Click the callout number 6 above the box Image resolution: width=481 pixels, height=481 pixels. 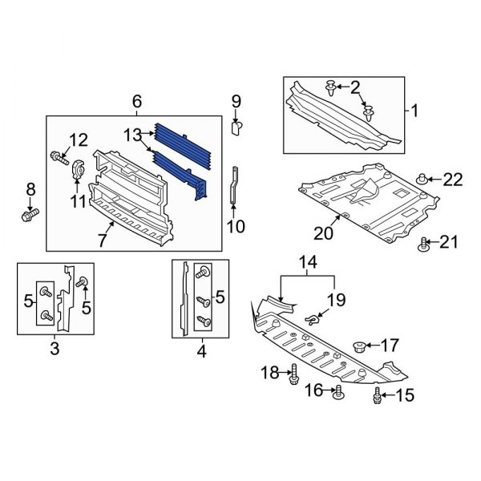136,101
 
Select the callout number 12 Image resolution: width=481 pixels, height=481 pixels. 78,141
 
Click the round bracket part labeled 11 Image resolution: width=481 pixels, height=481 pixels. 79,172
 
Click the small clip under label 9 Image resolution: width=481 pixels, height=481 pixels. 236,127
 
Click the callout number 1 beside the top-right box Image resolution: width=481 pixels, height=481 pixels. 415,110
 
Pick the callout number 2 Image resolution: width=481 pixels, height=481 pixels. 356,87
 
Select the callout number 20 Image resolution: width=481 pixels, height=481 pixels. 322,233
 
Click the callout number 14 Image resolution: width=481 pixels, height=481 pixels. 309,261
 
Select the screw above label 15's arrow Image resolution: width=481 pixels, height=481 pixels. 377,395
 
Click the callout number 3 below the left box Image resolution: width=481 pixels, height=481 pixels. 55,348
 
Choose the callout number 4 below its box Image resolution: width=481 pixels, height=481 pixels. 200,350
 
